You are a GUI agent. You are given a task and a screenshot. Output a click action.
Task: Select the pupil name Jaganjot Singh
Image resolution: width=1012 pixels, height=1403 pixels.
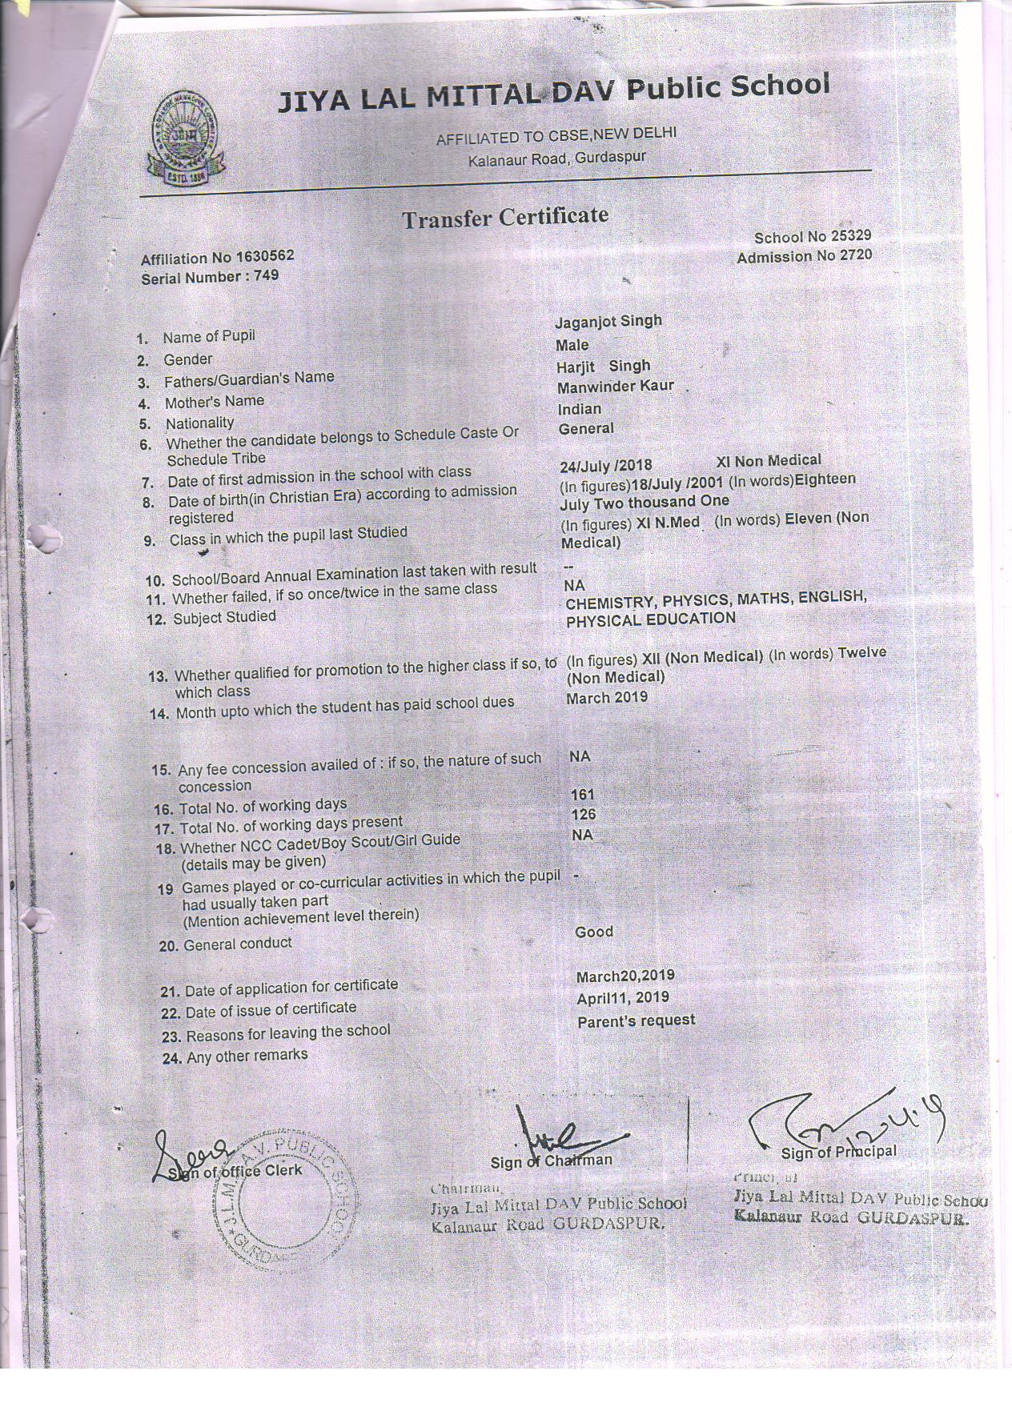tap(608, 321)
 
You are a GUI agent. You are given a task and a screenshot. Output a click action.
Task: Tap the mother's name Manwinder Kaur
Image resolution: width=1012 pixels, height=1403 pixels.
tap(616, 387)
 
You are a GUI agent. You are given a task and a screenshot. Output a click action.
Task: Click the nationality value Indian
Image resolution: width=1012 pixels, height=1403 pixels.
tap(580, 409)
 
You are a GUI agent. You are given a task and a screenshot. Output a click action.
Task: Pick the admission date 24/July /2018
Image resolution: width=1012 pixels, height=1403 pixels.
tap(606, 465)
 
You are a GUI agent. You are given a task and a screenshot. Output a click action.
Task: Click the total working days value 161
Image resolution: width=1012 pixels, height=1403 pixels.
tap(584, 795)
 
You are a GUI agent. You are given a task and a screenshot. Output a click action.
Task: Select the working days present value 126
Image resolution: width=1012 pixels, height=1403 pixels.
tap(584, 815)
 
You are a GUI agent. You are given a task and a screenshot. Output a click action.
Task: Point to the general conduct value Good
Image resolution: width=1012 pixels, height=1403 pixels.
tap(594, 932)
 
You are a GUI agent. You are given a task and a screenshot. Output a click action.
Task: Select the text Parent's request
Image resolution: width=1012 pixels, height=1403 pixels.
tap(636, 1020)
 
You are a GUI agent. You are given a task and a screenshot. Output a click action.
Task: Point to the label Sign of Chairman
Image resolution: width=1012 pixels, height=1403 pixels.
tap(552, 1160)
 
